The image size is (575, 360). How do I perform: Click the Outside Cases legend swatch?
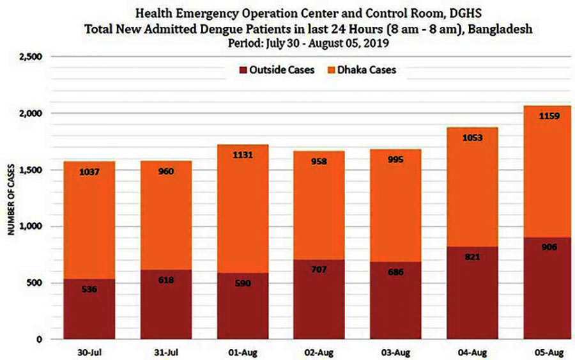point(243,70)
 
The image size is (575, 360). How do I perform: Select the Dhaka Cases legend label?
point(367,70)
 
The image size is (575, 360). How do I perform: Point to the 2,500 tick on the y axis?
point(31,57)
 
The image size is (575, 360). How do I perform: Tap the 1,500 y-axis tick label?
point(31,170)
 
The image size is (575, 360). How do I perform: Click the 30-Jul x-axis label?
point(89,353)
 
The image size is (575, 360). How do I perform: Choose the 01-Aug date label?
point(243,353)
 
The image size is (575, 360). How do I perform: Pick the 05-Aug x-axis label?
point(549,353)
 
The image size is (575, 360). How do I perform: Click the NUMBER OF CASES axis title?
point(11,200)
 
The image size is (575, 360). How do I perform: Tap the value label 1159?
point(549,116)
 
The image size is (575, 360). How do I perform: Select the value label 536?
point(89,289)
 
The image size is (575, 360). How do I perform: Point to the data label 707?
point(319,269)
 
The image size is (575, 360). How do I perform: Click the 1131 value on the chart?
point(243,155)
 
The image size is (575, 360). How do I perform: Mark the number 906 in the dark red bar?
point(549,247)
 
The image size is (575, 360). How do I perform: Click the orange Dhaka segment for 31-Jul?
point(166,215)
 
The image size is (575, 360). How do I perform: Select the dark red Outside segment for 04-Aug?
point(472,292)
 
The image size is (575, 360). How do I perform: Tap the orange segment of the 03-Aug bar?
point(395,205)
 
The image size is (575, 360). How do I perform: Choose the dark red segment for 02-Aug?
point(319,299)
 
